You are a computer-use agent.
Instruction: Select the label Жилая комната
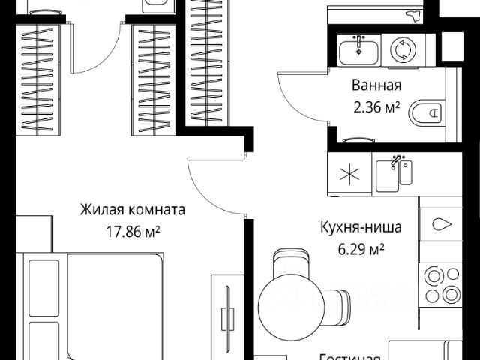pos(133,211)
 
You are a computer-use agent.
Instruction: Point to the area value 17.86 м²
pos(133,229)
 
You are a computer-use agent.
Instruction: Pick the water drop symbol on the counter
pos(441,224)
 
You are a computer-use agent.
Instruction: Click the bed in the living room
pos(90,307)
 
